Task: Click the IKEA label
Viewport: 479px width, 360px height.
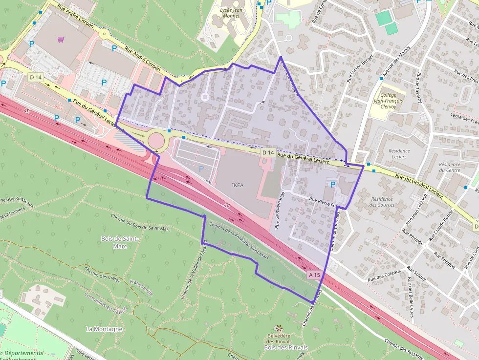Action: [x=238, y=185]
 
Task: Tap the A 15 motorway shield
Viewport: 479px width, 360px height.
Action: [x=314, y=275]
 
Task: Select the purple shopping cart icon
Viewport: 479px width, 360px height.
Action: [x=61, y=40]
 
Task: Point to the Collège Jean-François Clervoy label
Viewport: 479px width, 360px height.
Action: [x=388, y=101]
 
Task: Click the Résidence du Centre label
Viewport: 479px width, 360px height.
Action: [x=450, y=168]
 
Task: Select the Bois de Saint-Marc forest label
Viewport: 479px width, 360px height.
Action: [x=120, y=242]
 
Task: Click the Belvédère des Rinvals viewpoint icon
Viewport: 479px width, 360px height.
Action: [x=279, y=328]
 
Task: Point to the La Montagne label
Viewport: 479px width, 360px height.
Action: [x=104, y=329]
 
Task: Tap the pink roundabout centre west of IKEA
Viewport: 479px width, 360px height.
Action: [x=156, y=141]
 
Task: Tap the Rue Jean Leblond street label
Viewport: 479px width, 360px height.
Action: [x=413, y=212]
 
